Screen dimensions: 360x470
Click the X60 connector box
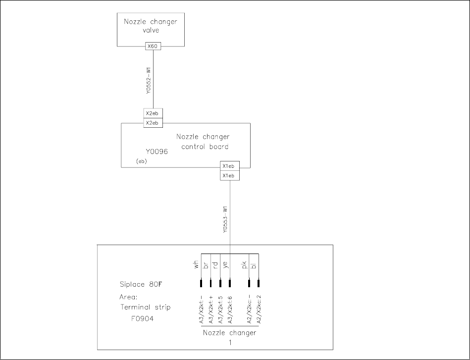[153, 46]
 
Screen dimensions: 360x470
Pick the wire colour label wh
[197, 266]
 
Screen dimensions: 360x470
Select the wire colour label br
[206, 265]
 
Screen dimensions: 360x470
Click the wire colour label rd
[215, 265]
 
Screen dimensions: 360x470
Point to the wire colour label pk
[245, 266]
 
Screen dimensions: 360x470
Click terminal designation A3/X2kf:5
[220, 310]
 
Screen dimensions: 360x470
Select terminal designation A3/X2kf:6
[230, 310]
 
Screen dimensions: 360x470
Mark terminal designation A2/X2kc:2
[259, 310]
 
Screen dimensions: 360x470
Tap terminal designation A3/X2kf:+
[211, 310]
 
